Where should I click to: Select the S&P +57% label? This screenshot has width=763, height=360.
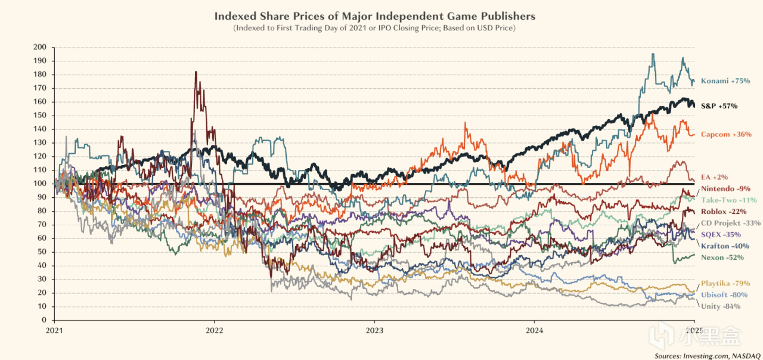click(x=719, y=105)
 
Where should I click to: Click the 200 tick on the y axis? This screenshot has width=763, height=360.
click(x=40, y=47)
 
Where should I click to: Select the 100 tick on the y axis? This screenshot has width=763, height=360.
click(x=40, y=184)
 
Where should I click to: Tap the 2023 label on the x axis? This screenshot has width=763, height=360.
click(x=374, y=329)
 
